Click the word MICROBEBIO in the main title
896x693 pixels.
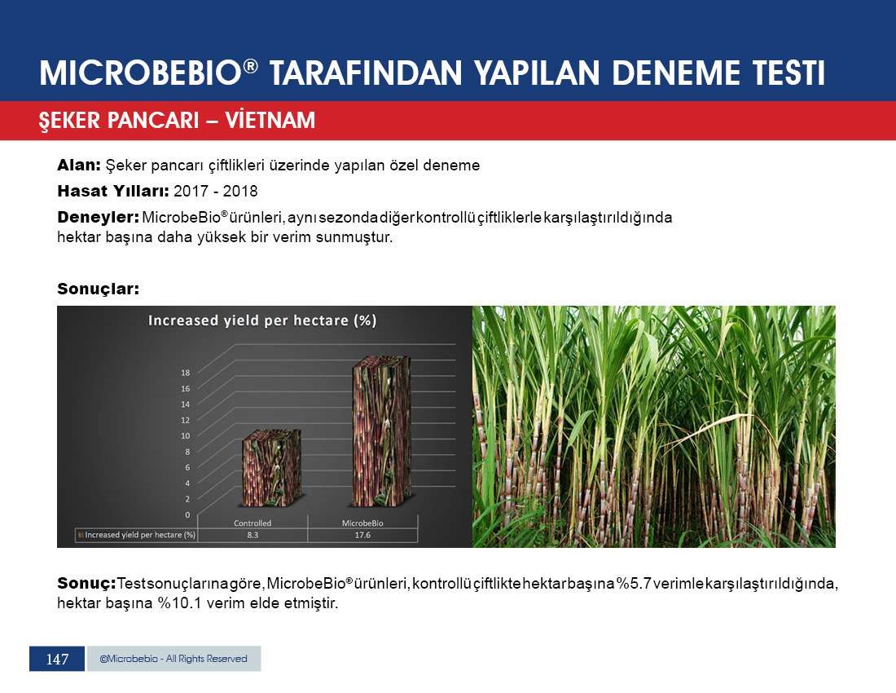(x=141, y=73)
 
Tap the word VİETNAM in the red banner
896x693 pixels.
(x=270, y=120)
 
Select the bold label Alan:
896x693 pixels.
(x=79, y=166)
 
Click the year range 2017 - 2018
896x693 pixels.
(x=215, y=191)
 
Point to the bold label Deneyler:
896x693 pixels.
(x=99, y=218)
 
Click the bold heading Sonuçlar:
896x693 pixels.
(x=99, y=289)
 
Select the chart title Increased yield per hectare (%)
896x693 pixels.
(x=262, y=320)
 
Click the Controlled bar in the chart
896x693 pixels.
(x=271, y=468)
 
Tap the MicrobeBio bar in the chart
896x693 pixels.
(x=381, y=431)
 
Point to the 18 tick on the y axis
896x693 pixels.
(x=185, y=373)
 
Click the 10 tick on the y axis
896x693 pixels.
(x=185, y=435)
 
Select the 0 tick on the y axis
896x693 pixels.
(x=187, y=514)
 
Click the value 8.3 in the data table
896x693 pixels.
(x=253, y=535)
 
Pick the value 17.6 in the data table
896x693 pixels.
(x=362, y=535)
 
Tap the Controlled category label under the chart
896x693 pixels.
(x=253, y=523)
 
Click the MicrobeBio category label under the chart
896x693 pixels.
(x=362, y=523)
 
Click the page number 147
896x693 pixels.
(x=57, y=660)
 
